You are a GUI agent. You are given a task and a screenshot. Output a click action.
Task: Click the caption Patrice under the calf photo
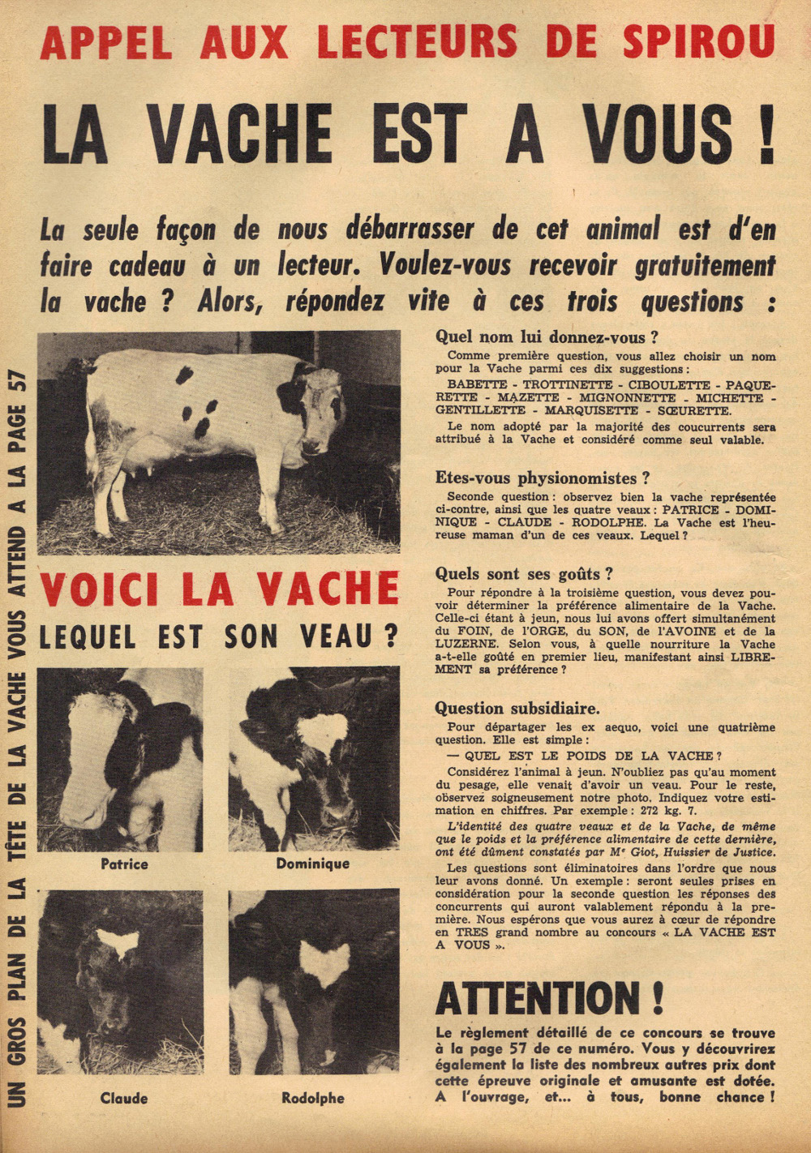(124, 864)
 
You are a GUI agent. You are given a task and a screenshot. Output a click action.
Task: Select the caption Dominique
(312, 864)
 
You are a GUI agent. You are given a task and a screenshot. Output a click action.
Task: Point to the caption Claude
(124, 1099)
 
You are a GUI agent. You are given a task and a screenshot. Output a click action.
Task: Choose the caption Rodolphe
(312, 1099)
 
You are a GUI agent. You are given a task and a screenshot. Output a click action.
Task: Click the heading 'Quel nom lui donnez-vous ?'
(546, 336)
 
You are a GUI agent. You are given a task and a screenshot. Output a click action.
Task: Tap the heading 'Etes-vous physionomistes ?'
(543, 478)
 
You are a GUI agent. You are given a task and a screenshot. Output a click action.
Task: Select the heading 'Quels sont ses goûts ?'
(524, 574)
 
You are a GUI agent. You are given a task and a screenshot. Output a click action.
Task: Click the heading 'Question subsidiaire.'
(517, 708)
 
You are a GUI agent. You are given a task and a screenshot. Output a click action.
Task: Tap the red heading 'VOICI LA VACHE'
(219, 589)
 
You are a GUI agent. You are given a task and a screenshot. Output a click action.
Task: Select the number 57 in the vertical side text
(16, 381)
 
